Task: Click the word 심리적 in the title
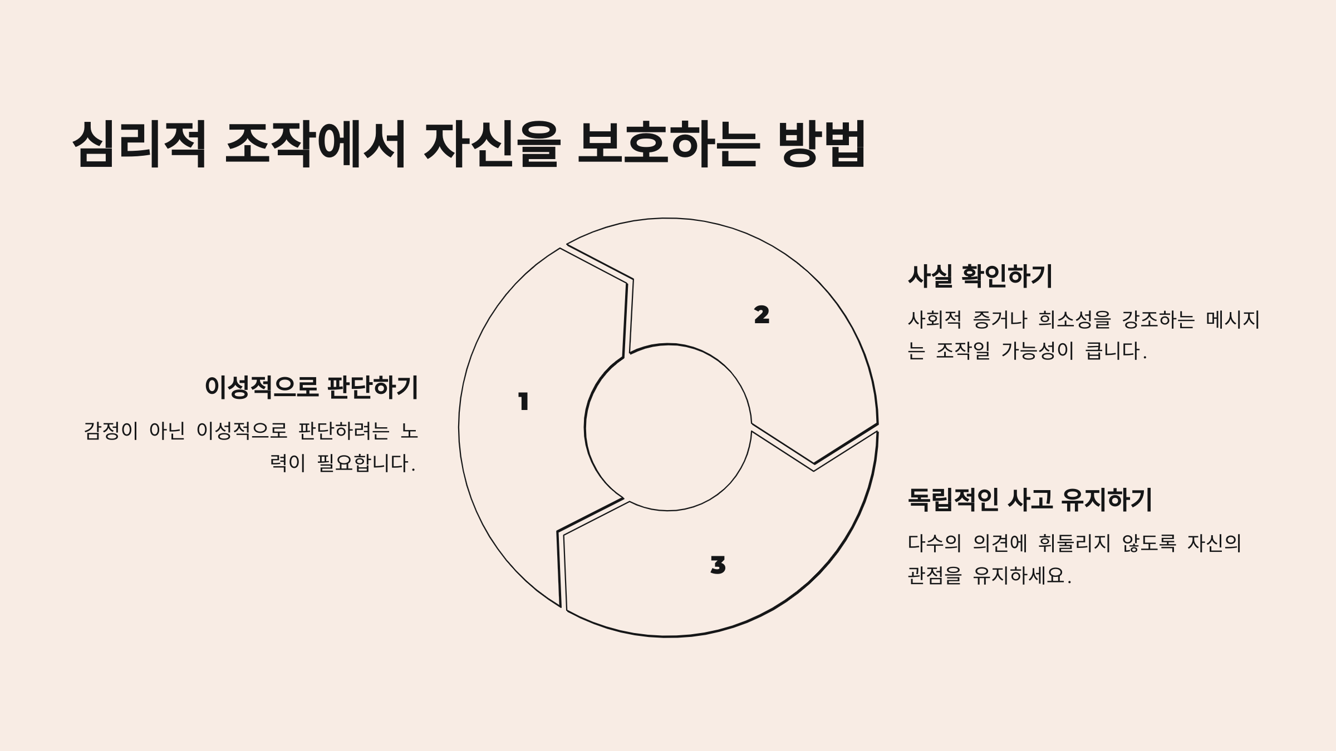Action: pyautogui.click(x=140, y=144)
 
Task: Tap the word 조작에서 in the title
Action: pyautogui.click(x=315, y=144)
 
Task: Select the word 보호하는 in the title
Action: pyautogui.click(x=668, y=144)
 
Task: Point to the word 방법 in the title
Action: pyautogui.click(x=824, y=144)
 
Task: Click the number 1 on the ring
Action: pyautogui.click(x=523, y=402)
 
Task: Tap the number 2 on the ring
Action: pyautogui.click(x=762, y=315)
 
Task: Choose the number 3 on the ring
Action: pyautogui.click(x=718, y=565)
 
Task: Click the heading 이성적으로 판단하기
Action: pyautogui.click(x=311, y=387)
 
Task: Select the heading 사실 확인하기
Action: pyautogui.click(x=980, y=276)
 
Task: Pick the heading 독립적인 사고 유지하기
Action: pyautogui.click(x=1030, y=500)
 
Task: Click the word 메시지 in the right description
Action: pyautogui.click(x=1232, y=319)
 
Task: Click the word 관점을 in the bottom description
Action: pyautogui.click(x=935, y=575)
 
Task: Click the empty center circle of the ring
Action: pyautogui.click(x=668, y=427)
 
